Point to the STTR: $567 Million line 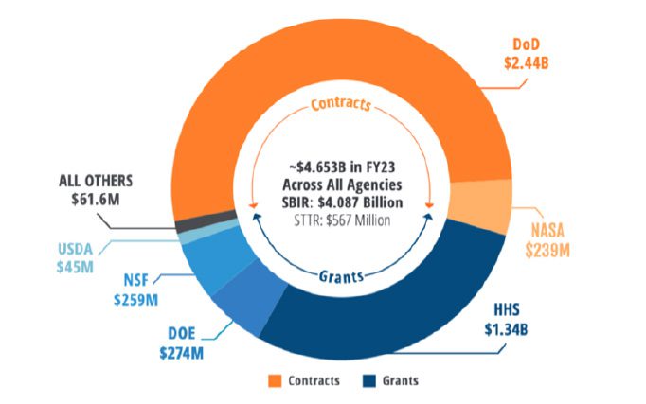(340, 220)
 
